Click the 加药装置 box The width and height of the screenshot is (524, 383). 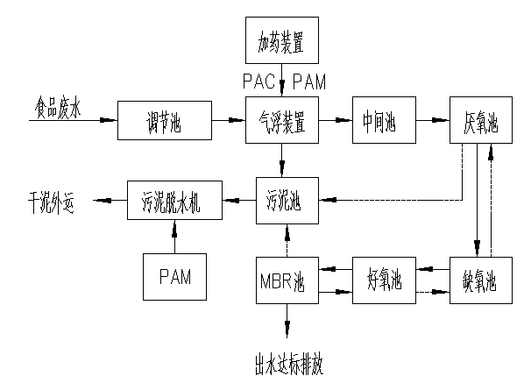pos(281,41)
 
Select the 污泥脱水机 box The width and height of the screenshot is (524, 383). pos(173,200)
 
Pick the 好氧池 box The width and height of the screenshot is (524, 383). pos(383,281)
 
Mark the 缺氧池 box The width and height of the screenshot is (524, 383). pos(480,281)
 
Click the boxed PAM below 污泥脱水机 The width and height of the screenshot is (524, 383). pos(173,277)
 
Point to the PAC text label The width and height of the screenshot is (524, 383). pos(259,82)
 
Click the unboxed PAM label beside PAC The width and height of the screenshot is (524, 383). pos(308,82)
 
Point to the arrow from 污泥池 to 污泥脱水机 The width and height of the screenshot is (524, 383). pos(238,200)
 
